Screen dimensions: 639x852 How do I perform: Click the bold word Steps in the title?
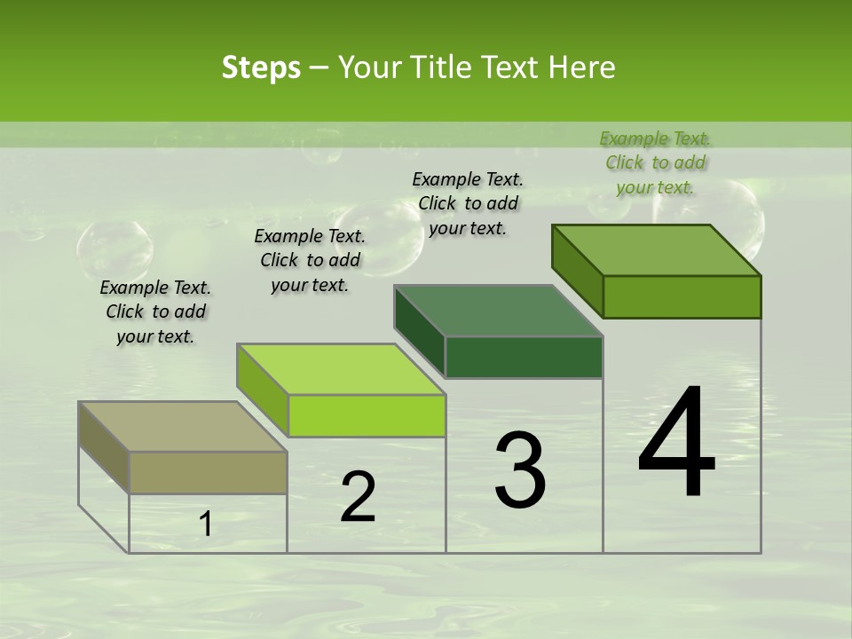261,67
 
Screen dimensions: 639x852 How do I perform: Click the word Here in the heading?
581,67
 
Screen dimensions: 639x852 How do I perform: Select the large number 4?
676,443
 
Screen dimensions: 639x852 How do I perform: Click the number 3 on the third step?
520,470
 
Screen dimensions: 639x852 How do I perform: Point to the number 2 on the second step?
358,497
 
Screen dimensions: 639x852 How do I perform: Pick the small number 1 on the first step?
206,525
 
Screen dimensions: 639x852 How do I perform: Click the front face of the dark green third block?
524,357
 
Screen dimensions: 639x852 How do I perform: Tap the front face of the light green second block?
367,415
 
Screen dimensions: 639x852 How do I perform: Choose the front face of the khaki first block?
208,472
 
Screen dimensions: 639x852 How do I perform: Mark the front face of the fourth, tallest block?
682,296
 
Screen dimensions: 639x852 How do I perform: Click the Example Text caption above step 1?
155,312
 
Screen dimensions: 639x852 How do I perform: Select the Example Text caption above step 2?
310,260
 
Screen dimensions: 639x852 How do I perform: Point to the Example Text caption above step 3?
468,203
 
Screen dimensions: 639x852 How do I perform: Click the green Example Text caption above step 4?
655,162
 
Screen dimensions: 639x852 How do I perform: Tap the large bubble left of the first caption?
114,249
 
